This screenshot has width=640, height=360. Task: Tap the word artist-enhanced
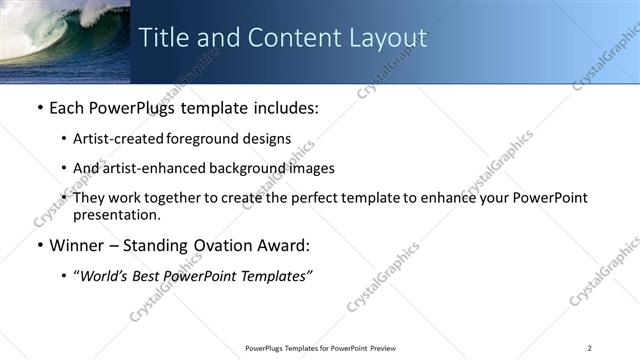click(x=148, y=168)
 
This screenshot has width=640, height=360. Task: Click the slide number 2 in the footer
click(x=589, y=348)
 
